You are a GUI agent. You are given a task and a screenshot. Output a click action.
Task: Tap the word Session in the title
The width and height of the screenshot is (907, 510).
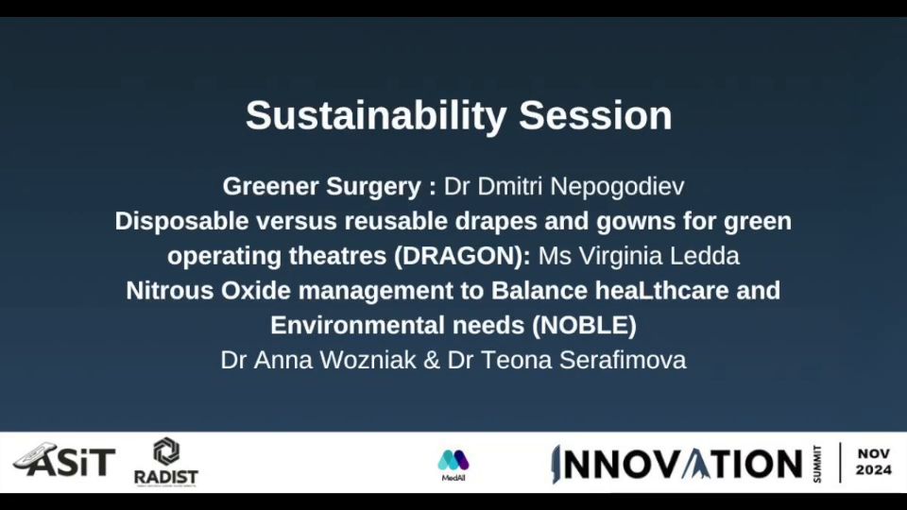595,115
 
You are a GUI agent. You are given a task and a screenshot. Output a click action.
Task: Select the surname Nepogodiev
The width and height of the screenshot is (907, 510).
617,187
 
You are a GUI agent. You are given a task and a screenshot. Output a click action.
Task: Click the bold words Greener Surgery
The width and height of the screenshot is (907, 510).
321,187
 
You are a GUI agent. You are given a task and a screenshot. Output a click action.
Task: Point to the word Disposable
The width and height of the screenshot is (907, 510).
181,221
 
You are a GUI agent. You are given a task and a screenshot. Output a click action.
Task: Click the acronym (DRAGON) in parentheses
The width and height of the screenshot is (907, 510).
462,256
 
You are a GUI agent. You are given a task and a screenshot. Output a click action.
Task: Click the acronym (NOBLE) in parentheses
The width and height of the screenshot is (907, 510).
584,326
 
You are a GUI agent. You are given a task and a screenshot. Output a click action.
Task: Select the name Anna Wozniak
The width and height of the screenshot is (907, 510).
334,360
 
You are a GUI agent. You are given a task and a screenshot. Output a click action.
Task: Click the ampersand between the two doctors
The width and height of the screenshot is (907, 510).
432,361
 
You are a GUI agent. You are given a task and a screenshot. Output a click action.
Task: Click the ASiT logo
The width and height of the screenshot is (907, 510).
64,460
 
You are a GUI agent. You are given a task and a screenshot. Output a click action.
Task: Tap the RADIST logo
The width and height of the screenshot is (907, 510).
166,462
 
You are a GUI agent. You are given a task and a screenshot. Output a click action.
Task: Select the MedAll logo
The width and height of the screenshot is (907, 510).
453,466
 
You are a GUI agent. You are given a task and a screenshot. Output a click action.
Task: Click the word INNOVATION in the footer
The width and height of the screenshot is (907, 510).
676,465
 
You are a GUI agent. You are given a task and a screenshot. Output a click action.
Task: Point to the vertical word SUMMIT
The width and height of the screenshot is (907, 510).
817,464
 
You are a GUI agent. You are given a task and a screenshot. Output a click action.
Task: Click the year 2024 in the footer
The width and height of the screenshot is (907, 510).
873,470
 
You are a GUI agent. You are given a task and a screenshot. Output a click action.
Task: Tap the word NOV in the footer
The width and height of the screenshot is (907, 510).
873,454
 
